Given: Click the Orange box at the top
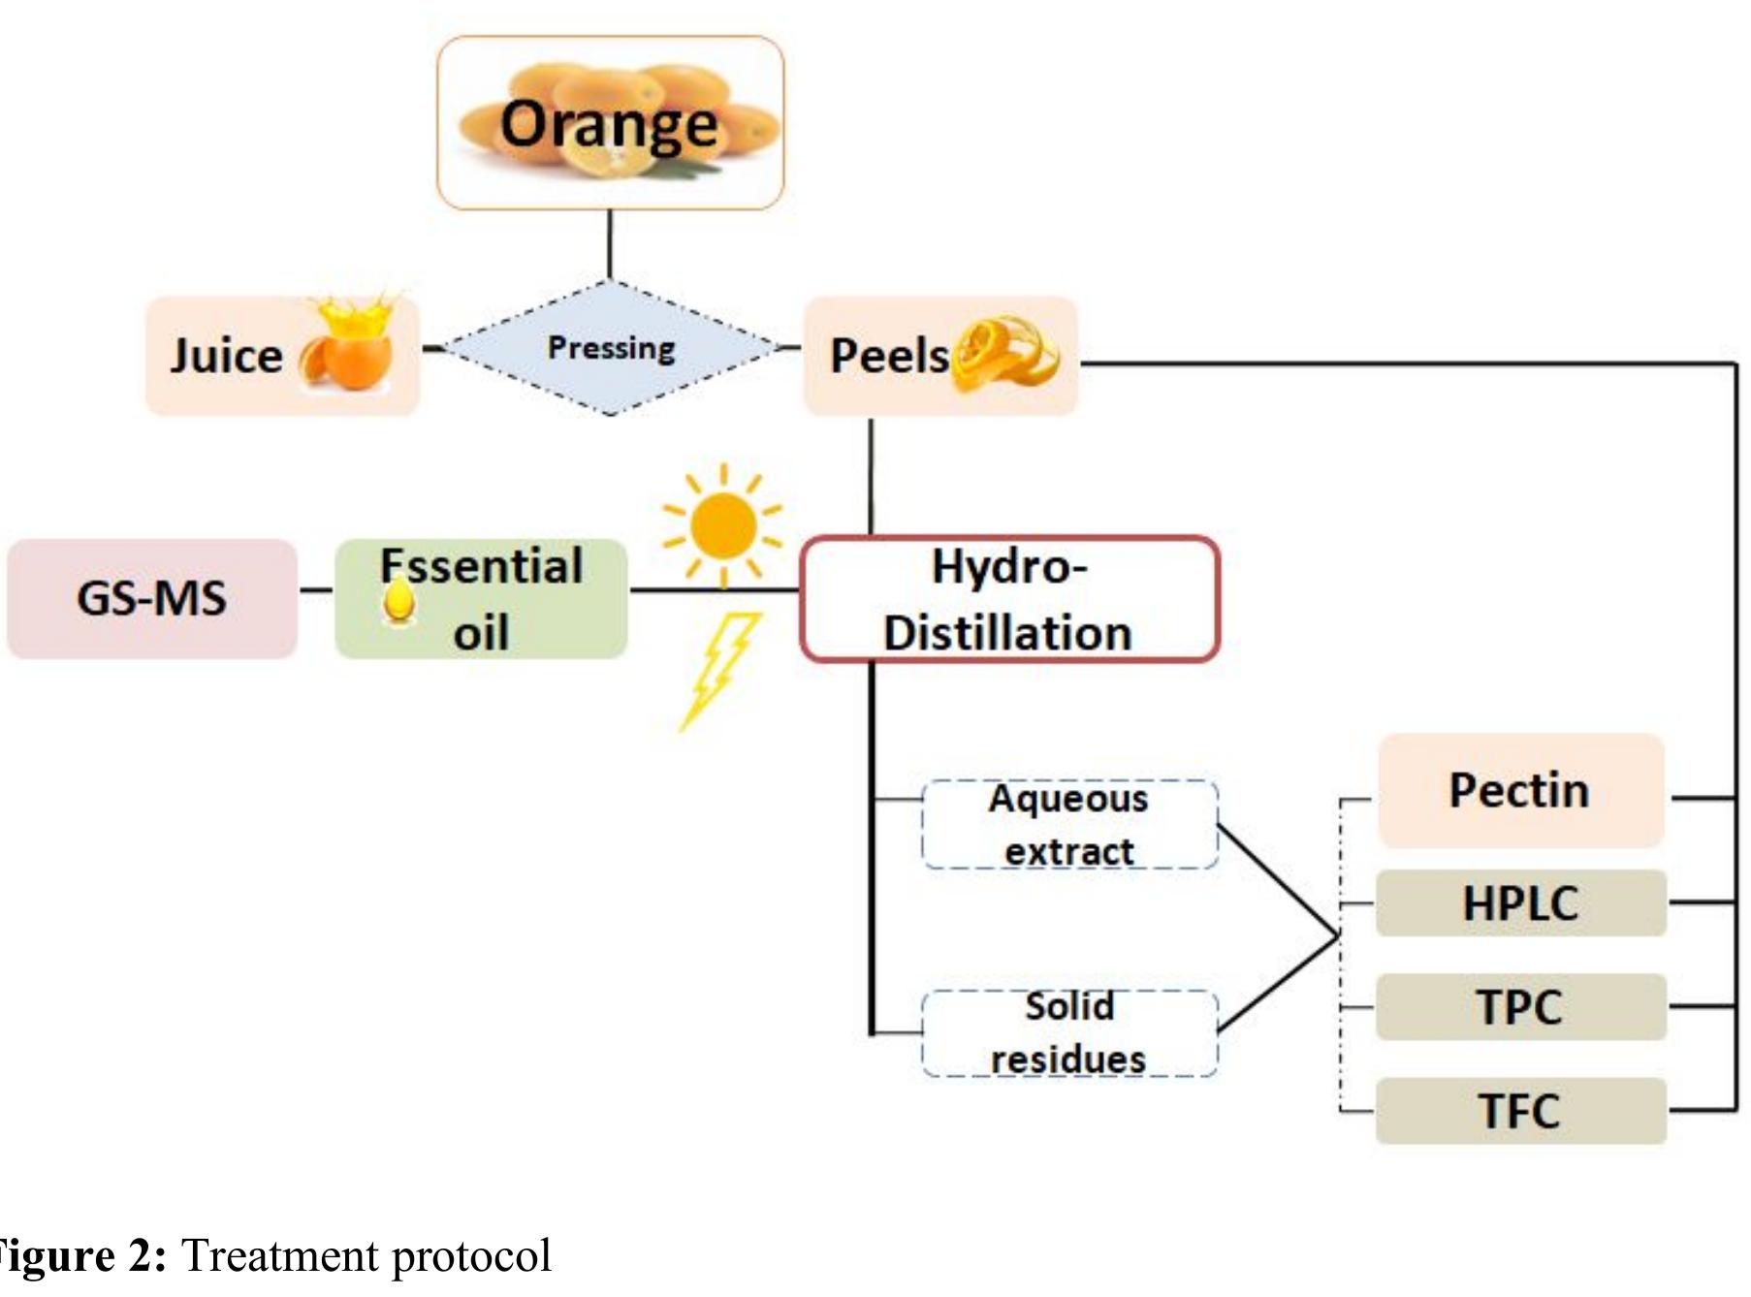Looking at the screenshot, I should [610, 123].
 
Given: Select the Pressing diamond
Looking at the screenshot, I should [611, 348].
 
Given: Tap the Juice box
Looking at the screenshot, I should [281, 356].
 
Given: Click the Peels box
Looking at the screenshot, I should [939, 356].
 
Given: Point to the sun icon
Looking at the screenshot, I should [722, 526].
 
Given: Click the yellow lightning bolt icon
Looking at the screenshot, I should [719, 670].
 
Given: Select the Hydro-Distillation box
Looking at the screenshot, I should [1008, 599].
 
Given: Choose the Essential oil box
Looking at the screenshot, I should [481, 599].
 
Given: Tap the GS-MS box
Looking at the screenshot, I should [152, 598].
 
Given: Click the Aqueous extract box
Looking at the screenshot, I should [1069, 825].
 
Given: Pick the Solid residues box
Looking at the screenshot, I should [1068, 1033].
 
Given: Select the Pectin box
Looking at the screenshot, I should [1520, 790].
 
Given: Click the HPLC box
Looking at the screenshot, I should [1520, 903].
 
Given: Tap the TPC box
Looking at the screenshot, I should [1520, 1007].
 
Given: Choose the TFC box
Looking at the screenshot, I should [1520, 1111].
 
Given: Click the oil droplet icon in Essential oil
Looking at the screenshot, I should [398, 602].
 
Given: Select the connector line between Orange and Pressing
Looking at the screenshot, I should [610, 244].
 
